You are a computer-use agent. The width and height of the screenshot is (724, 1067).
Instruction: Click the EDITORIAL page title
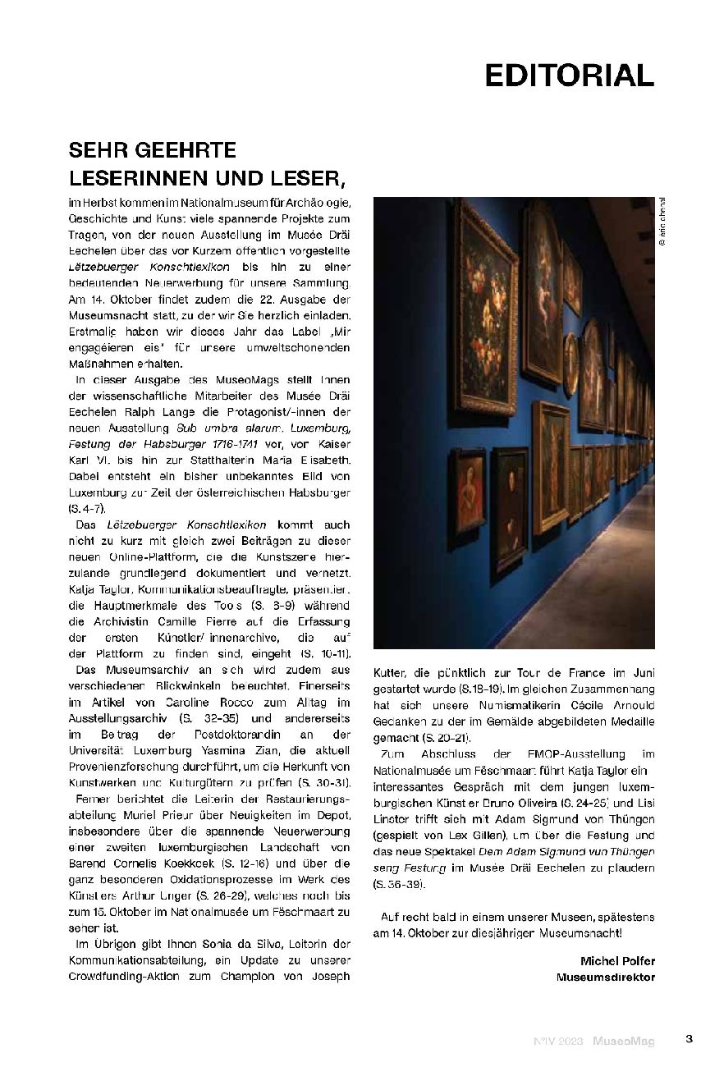[569, 75]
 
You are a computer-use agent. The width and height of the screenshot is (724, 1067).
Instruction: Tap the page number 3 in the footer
[690, 1039]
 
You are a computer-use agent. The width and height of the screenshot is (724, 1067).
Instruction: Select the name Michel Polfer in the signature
[617, 961]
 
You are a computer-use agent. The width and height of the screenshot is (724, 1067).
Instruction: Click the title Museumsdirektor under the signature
[606, 977]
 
